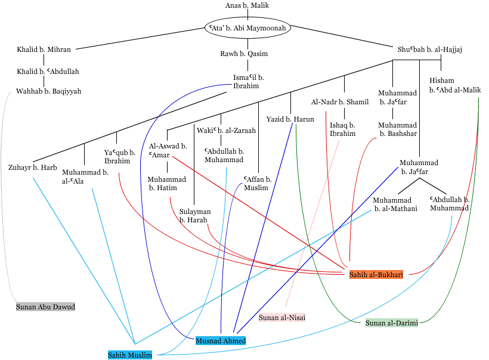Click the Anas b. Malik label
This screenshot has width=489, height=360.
(x=247, y=5)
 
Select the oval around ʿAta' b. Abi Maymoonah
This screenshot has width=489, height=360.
(x=247, y=28)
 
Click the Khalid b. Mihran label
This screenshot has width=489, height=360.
(x=44, y=49)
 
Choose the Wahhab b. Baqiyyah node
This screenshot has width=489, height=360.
(x=49, y=91)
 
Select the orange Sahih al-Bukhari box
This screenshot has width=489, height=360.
(x=376, y=274)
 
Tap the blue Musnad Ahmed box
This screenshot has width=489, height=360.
(x=221, y=340)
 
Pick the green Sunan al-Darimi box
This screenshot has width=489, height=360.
(x=392, y=323)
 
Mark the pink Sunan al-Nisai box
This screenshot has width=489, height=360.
(x=282, y=318)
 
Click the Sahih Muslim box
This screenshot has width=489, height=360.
(x=130, y=355)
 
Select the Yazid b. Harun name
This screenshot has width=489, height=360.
(x=290, y=119)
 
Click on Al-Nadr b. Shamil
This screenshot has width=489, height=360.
(x=340, y=102)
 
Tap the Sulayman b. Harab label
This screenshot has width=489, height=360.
(x=194, y=216)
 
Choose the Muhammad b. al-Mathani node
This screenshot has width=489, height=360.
(x=395, y=204)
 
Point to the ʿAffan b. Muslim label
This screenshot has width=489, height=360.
(x=257, y=184)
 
